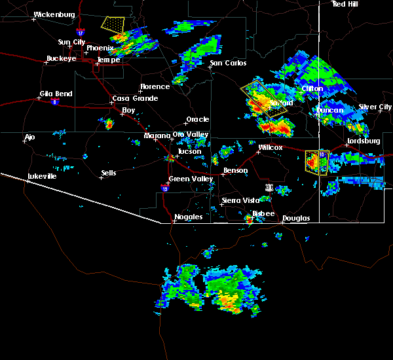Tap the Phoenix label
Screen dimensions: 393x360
[100, 48]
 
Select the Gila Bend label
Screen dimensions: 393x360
[55, 94]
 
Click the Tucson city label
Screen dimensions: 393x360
[189, 151]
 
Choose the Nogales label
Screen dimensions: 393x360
[188, 217]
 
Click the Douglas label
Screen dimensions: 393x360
[296, 218]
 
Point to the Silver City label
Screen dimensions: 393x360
[375, 107]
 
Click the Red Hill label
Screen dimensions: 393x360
[346, 4]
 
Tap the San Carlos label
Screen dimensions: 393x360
[227, 63]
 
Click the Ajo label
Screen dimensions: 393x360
[29, 137]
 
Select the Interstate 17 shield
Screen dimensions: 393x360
[80, 31]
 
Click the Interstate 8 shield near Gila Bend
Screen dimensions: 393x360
[56, 101]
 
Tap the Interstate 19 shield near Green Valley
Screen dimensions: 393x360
[164, 188]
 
